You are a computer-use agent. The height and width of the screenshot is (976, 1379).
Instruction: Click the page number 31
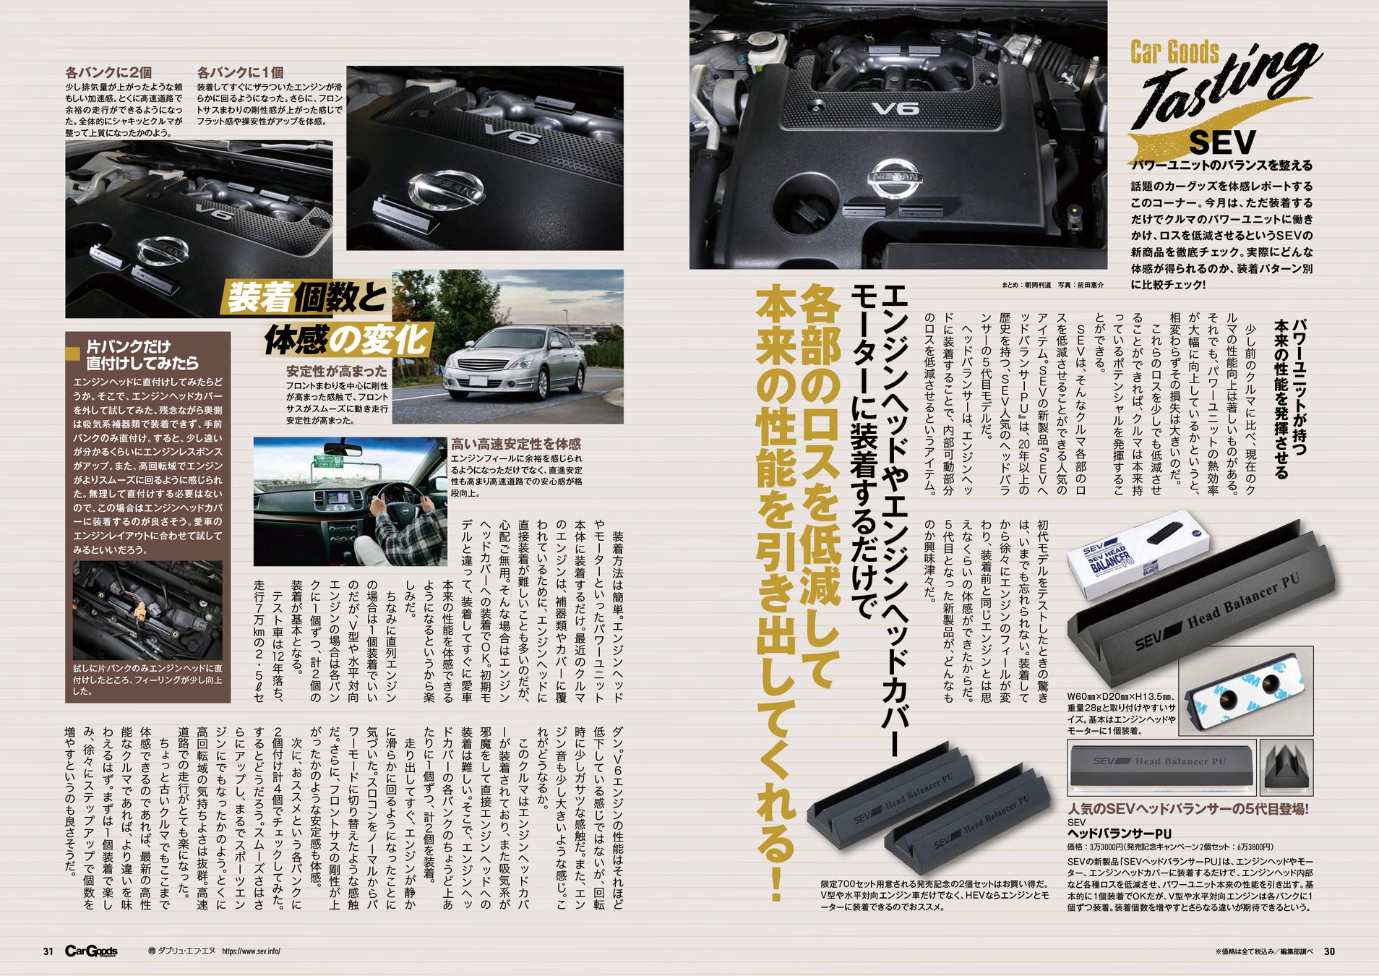48,951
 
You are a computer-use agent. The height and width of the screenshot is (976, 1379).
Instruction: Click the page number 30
1329,951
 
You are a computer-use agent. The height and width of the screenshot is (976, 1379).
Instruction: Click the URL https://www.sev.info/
251,951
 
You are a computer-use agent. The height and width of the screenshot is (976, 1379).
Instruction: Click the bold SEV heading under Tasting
1222,142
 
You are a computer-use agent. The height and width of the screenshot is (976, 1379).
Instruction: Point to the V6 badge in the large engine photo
895,108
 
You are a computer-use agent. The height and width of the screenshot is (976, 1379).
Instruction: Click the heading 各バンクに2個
108,72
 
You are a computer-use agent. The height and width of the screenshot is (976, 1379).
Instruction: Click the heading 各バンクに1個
240,72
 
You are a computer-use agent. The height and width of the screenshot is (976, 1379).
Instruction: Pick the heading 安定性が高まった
337,372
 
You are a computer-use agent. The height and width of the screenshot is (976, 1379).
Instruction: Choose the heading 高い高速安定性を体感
515,445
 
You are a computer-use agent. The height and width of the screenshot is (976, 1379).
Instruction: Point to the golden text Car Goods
1174,53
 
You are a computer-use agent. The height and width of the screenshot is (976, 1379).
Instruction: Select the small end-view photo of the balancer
1286,767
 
